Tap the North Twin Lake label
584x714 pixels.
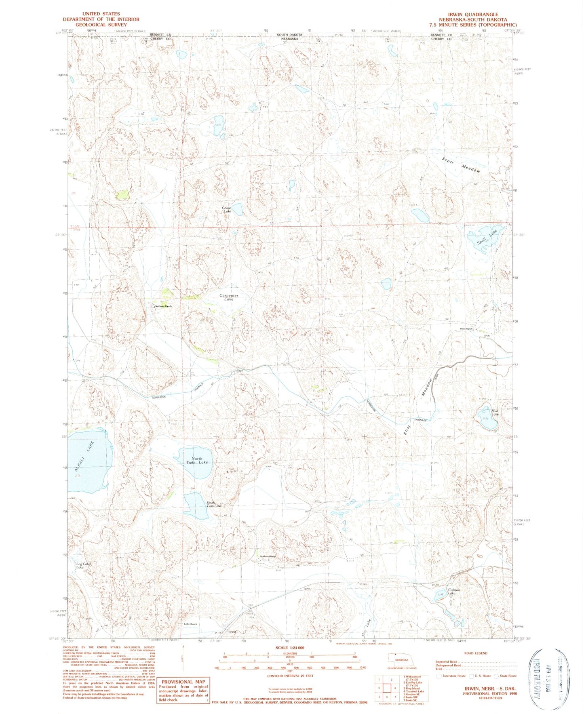(197, 460)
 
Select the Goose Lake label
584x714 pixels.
(226, 210)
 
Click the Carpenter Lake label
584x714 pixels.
(229, 297)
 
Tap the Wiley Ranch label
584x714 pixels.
(466, 329)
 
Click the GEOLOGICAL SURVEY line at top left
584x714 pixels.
(101, 25)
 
